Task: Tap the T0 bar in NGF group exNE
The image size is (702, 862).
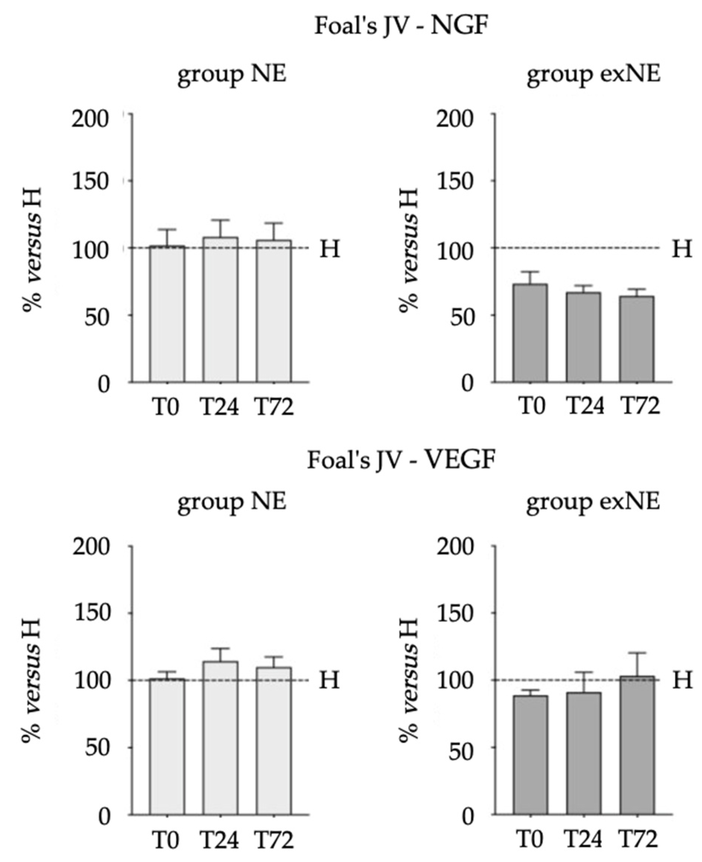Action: coord(530,333)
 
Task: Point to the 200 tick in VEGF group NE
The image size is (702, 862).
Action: coord(91,547)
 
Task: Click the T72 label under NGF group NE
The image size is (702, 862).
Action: coord(274,407)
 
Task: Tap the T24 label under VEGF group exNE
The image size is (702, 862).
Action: coord(584,840)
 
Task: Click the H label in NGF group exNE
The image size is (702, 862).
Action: coord(682,249)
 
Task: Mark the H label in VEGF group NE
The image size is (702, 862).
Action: coord(329,680)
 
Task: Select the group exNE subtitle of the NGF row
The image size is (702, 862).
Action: coord(593,74)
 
